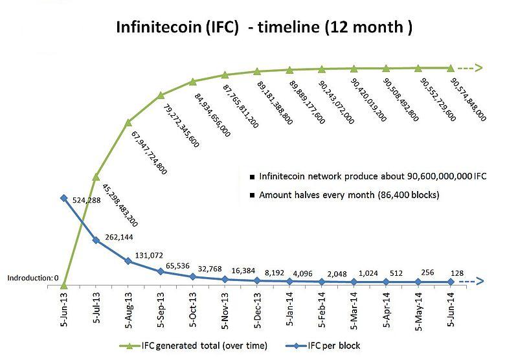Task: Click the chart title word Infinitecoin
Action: (159, 27)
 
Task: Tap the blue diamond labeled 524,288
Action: (63, 198)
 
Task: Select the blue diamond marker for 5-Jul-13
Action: (96, 240)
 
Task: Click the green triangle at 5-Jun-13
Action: (63, 285)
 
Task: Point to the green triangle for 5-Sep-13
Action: (161, 95)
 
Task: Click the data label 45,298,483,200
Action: (120, 205)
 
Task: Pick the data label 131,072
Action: (149, 255)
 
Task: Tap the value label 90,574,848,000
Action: (468, 100)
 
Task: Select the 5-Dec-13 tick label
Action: (257, 309)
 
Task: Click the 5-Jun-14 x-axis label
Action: (451, 309)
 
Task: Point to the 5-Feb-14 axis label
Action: (321, 309)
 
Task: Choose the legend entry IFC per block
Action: (322, 346)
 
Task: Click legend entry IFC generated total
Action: (193, 346)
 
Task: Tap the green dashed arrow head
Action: (478, 68)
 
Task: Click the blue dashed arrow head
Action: (479, 282)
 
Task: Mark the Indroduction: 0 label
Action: (33, 278)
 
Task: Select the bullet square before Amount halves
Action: (253, 195)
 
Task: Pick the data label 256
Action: (427, 273)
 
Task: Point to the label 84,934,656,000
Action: (212, 115)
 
